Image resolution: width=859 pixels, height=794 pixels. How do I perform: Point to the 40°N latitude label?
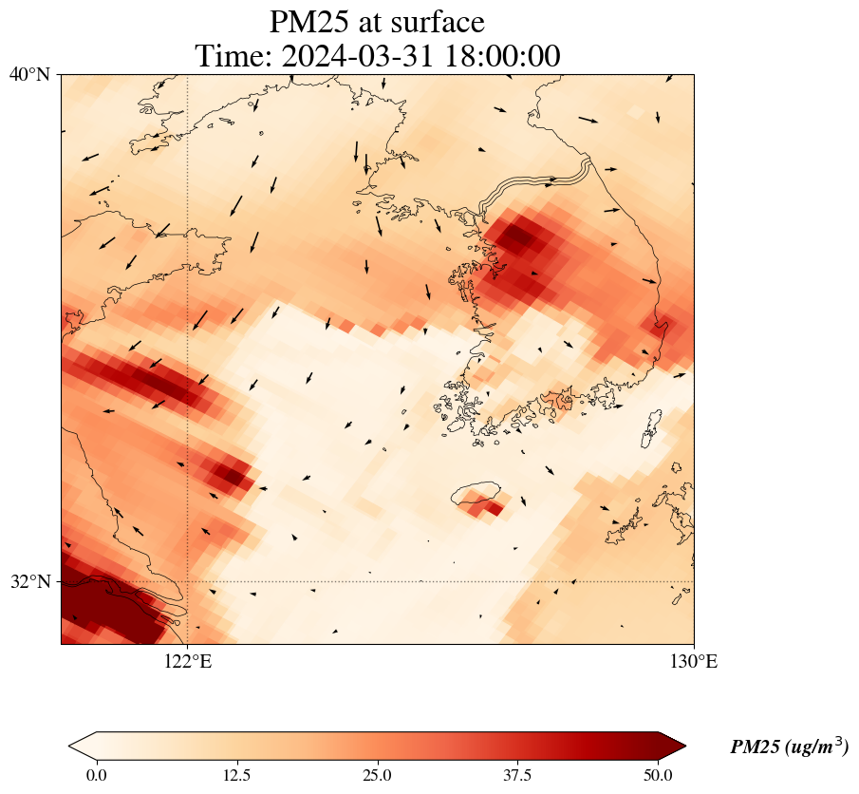click(x=30, y=74)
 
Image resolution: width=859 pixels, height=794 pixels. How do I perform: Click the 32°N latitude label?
click(x=30, y=581)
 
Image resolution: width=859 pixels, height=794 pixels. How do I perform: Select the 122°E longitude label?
click(x=188, y=662)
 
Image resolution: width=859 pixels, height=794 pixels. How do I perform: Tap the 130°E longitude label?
click(x=694, y=662)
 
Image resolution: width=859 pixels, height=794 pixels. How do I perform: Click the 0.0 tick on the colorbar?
click(x=96, y=775)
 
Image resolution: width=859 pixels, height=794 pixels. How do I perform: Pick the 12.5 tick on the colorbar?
click(x=236, y=775)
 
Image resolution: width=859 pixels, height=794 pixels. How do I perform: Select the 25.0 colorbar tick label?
click(x=377, y=775)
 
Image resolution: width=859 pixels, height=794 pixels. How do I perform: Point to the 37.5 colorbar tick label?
click(x=517, y=775)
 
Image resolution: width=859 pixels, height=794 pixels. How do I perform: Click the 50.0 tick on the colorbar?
click(x=658, y=775)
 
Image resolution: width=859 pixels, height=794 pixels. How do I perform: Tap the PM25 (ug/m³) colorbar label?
click(x=789, y=747)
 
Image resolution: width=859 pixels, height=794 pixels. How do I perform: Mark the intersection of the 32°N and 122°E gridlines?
click(x=188, y=581)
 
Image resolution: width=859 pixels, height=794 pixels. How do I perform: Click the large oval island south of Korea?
click(x=476, y=494)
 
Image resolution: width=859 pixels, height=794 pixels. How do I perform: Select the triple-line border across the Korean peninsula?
click(x=537, y=186)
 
